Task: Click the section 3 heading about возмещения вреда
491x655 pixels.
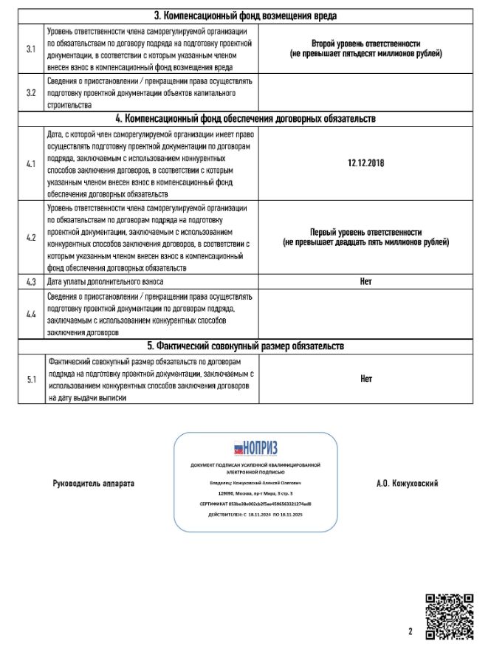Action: coord(247,16)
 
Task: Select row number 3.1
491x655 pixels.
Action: coord(31,49)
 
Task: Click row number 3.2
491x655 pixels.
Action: coord(31,93)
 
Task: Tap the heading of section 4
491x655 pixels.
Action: coord(247,118)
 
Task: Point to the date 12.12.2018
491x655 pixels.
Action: coord(365,163)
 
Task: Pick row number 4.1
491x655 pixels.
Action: coord(31,163)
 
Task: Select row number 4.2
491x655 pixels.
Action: coord(31,238)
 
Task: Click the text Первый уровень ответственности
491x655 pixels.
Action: coord(365,231)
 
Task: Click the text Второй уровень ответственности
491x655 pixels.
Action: coord(365,44)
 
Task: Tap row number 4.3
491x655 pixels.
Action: coord(31,281)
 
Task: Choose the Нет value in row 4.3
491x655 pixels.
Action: coord(365,281)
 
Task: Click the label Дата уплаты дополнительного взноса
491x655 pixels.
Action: coord(106,281)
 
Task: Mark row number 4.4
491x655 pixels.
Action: coord(31,314)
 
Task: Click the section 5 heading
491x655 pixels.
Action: coord(247,346)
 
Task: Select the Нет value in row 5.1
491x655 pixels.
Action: coord(365,379)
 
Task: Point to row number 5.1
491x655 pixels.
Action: coord(31,379)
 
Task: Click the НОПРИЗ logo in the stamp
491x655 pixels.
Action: coord(255,447)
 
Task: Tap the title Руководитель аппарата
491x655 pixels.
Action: coord(94,483)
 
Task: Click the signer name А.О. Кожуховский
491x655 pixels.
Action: coord(408,483)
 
